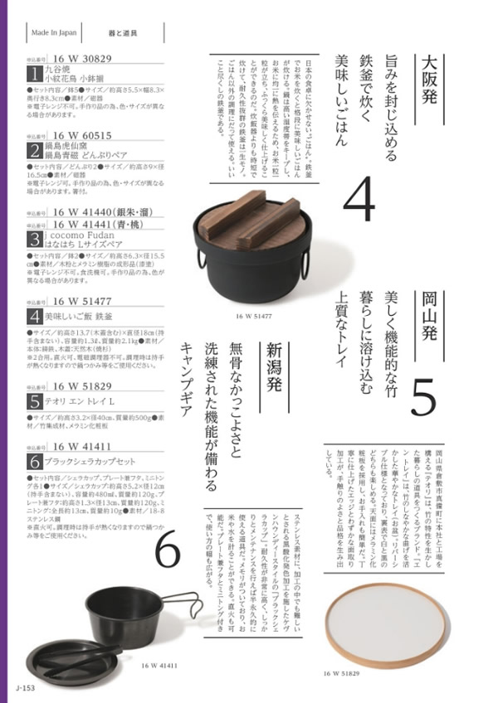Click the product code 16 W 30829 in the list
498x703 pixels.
click(83, 61)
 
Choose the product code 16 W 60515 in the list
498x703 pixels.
click(83, 133)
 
